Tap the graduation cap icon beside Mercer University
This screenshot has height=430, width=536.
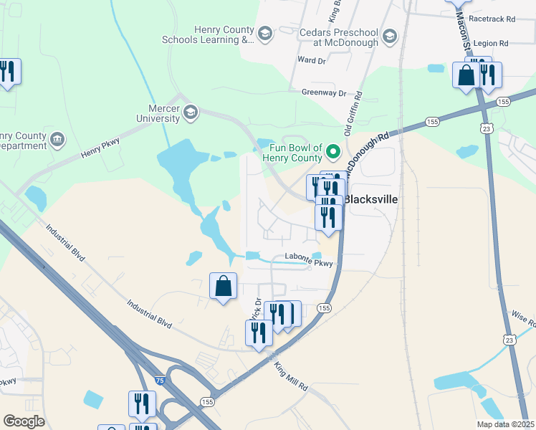pyautogui.click(x=191, y=113)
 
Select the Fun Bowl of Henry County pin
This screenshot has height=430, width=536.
pyautogui.click(x=333, y=152)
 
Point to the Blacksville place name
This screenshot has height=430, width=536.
pyautogui.click(x=372, y=199)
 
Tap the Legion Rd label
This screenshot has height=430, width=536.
pyautogui.click(x=490, y=44)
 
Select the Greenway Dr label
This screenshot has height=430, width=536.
pyautogui.click(x=323, y=92)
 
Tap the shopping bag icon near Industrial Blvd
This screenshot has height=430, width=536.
pyautogui.click(x=223, y=286)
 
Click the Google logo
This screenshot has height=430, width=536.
pyautogui.click(x=24, y=421)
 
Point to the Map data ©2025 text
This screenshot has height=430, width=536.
pyautogui.click(x=505, y=424)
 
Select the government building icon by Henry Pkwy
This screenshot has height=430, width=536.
pyautogui.click(x=58, y=138)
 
